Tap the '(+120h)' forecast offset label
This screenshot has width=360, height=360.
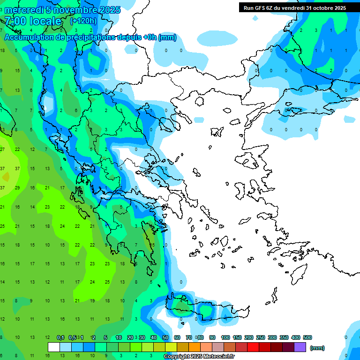point(83,21)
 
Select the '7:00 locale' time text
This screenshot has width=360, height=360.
point(33,21)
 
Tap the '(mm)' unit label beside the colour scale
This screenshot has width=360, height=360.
point(317,348)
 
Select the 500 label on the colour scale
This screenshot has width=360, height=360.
point(307,337)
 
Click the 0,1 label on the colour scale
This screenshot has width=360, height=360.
point(60,337)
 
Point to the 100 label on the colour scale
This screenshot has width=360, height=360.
point(225,337)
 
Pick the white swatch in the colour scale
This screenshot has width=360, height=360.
point(54,347)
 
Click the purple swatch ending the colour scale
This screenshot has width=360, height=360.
point(300,347)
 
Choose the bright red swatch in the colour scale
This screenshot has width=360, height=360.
point(253,347)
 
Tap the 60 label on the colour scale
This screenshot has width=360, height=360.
point(177,337)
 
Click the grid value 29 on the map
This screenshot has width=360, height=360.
point(17,187)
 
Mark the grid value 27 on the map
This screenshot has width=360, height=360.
point(2,149)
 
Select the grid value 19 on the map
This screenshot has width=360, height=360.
point(92,301)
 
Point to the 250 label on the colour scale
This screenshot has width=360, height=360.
point(260,337)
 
